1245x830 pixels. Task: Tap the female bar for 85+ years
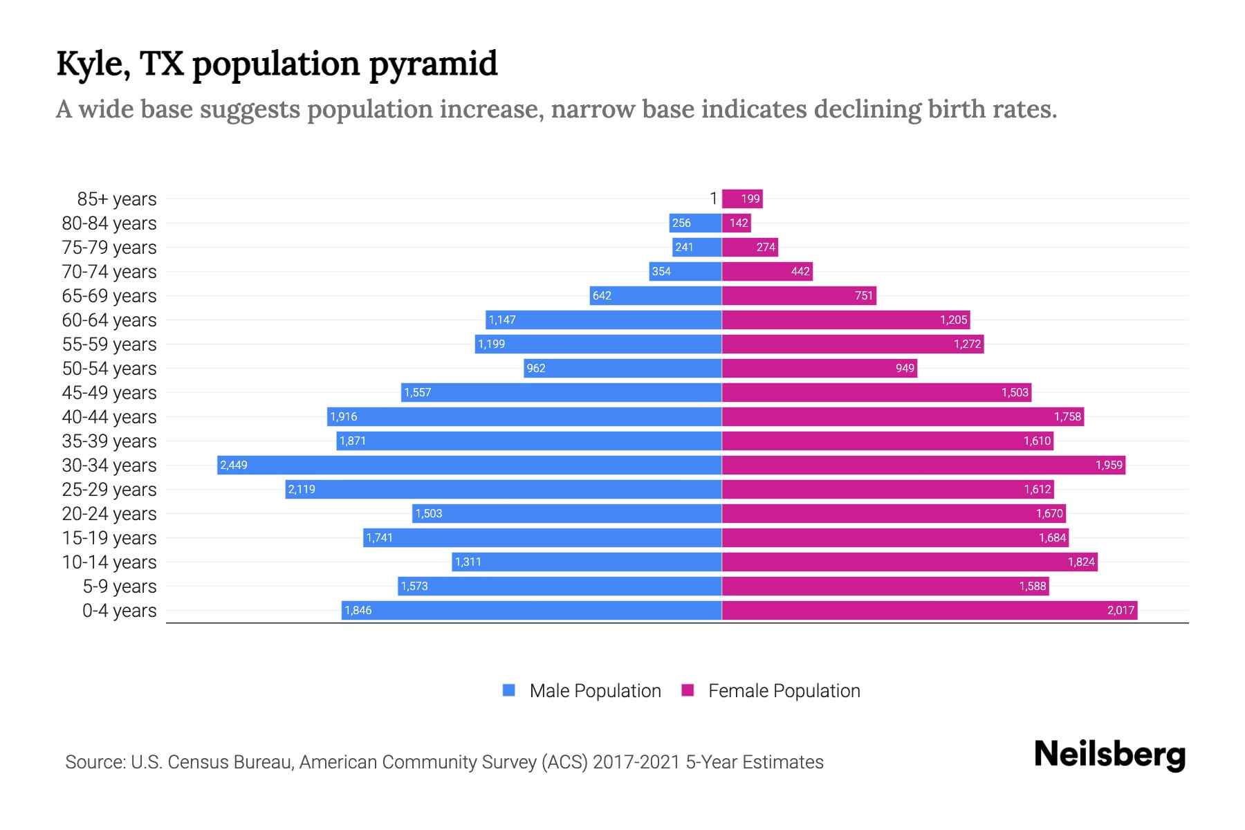click(742, 199)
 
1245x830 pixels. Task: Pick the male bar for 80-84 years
click(695, 223)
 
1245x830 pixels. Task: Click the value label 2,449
click(234, 465)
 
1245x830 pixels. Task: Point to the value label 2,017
click(1120, 610)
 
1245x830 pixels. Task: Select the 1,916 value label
click(344, 416)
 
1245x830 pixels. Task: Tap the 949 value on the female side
click(905, 368)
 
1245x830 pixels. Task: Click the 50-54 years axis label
click(109, 368)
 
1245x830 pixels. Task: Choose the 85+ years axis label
click(117, 199)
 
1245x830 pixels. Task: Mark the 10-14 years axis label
click(109, 562)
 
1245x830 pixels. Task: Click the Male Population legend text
click(595, 690)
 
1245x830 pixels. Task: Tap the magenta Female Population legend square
click(688, 690)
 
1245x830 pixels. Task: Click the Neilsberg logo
click(1109, 754)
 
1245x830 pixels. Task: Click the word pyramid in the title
click(433, 64)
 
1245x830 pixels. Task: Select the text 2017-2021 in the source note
click(636, 762)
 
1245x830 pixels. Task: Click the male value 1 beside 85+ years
click(714, 199)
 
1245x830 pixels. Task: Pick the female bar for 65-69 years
click(799, 295)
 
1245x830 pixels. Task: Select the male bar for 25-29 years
click(504, 489)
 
